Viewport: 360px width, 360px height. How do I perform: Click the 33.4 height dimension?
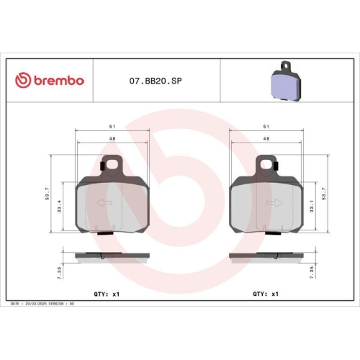pyautogui.click(x=60, y=208)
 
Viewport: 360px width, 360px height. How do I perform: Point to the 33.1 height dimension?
pyautogui.click(x=310, y=208)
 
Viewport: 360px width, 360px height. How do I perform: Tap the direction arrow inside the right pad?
pyautogui.click(x=273, y=204)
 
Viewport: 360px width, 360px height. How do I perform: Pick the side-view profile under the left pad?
pyautogui.click(x=112, y=257)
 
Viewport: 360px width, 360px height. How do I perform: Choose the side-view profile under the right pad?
pyautogui.click(x=264, y=257)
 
